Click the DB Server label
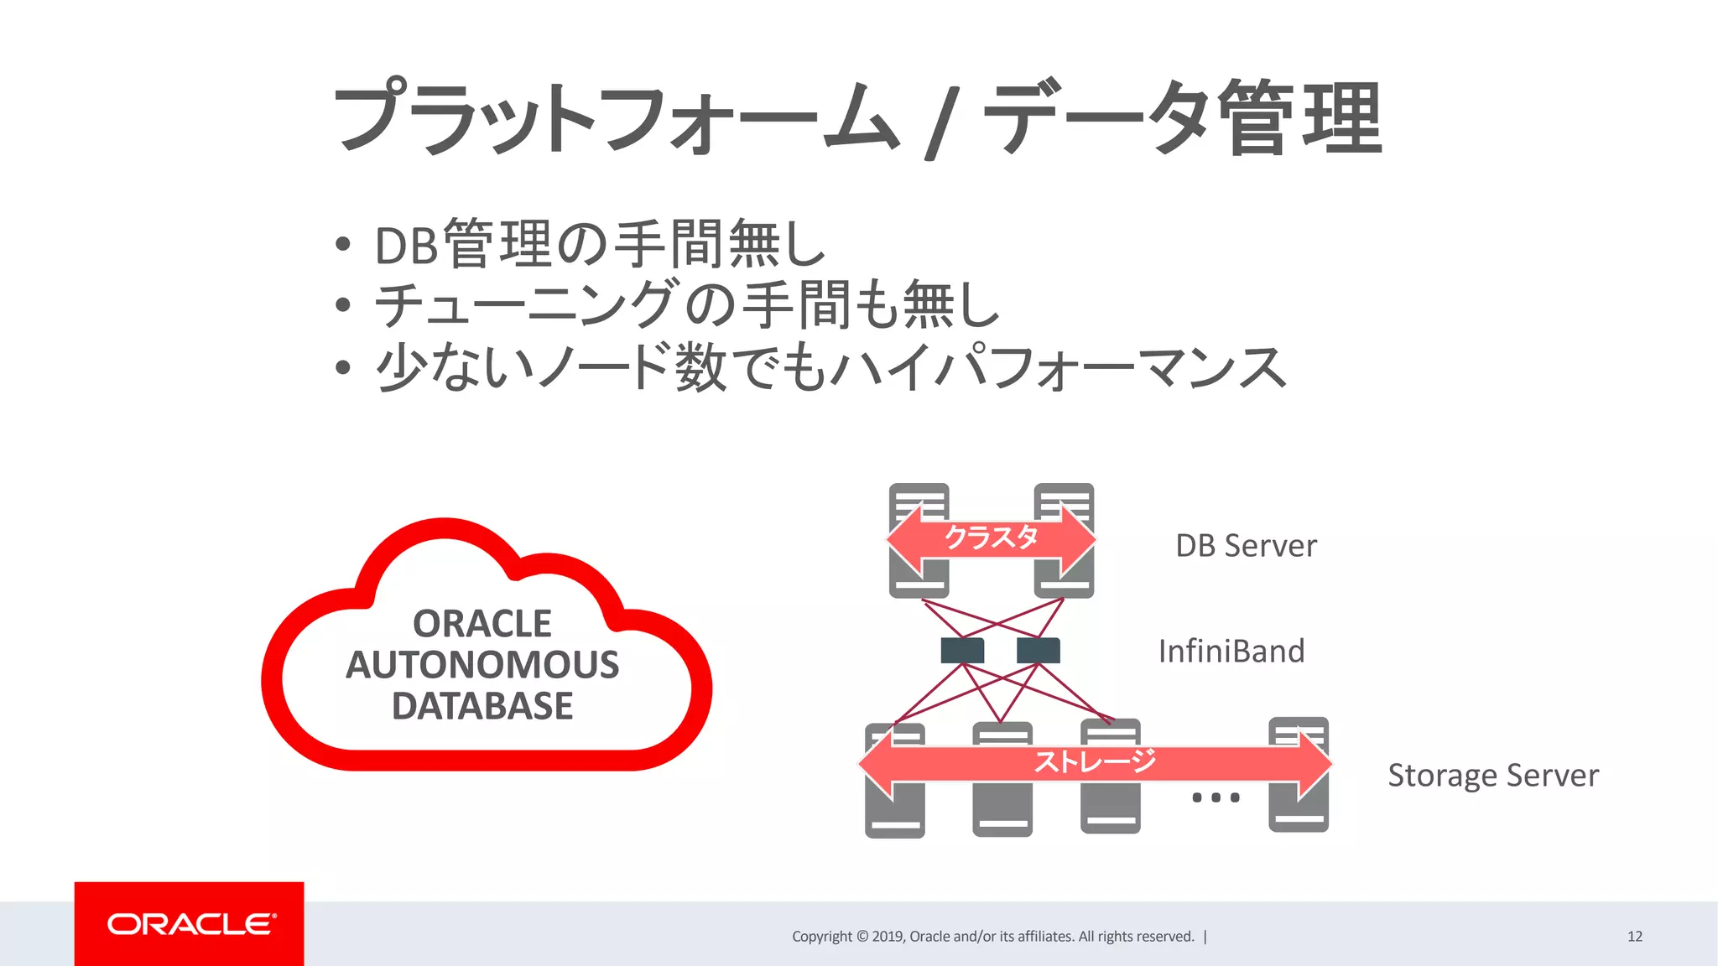point(1246,546)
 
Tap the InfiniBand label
point(1231,652)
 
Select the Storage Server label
point(1492,776)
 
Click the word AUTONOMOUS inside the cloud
point(482,665)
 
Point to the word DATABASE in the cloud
point(482,706)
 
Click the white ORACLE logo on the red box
point(190,924)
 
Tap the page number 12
point(1634,937)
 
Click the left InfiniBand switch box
point(962,650)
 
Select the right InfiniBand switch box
point(1038,650)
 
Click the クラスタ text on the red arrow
point(991,538)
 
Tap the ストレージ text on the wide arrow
point(1094,762)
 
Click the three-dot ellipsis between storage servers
point(1216,797)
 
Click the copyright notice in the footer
point(993,937)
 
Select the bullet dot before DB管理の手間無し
point(342,245)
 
